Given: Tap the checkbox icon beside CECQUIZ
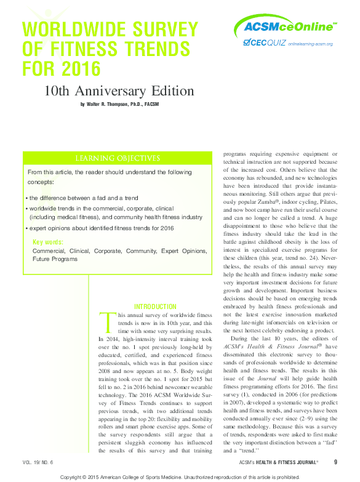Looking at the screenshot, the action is (x=246, y=42).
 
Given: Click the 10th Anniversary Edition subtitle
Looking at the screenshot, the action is (x=119, y=91).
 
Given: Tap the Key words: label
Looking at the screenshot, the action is (x=48, y=242).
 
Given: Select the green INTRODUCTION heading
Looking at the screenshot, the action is (x=155, y=307).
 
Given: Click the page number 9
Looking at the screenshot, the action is (x=335, y=462).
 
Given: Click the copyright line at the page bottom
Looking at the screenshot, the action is (x=180, y=476).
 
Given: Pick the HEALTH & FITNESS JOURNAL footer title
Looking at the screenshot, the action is (x=285, y=462).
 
